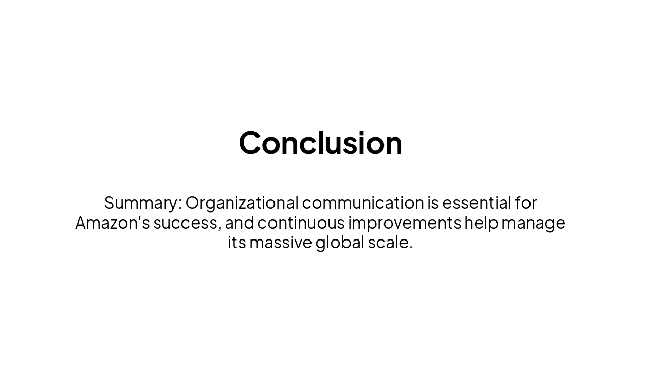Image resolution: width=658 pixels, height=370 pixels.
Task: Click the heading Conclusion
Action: tap(320, 142)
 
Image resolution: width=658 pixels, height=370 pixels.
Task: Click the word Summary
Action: tap(141, 203)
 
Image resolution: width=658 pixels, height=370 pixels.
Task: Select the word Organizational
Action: tap(242, 203)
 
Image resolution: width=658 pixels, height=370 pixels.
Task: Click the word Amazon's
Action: tap(112, 223)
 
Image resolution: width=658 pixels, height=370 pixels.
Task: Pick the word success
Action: tap(187, 223)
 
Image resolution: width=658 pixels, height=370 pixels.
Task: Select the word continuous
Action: tap(301, 223)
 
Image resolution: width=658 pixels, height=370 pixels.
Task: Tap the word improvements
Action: tap(405, 223)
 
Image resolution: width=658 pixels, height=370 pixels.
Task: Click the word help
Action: tap(481, 223)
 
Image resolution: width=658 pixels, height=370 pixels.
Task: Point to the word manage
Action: tap(533, 223)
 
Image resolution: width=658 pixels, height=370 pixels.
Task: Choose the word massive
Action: tap(281, 243)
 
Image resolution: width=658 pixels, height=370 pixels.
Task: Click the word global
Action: tap(340, 243)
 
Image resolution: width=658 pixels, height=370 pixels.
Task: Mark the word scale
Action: tap(388, 243)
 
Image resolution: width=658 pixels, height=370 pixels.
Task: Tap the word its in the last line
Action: tap(237, 243)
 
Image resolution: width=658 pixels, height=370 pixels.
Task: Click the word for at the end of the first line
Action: tap(526, 203)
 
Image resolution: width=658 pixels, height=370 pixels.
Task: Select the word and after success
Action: tap(239, 223)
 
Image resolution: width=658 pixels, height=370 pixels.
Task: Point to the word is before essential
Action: tap(433, 203)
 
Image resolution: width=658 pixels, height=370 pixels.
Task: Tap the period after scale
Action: tap(411, 247)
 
